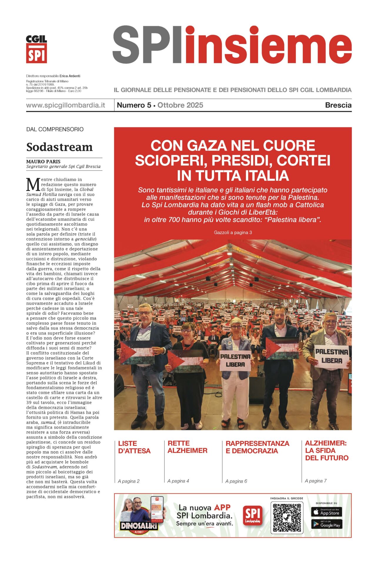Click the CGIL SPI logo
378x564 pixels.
point(36,49)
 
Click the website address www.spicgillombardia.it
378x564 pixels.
point(66,105)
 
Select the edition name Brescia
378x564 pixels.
point(338,105)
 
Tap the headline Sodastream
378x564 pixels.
point(59,147)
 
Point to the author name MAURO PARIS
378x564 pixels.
point(43,161)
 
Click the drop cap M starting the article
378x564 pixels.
point(33,185)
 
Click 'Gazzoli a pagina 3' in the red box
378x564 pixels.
point(233,232)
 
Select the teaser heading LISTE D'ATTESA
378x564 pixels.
point(134,447)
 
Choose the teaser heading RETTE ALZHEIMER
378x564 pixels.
point(187,447)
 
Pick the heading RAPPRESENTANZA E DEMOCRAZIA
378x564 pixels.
point(257,447)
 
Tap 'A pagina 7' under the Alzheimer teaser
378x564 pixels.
point(316,481)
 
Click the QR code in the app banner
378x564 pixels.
point(287,518)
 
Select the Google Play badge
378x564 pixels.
point(326,524)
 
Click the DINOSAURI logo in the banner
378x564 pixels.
point(139,526)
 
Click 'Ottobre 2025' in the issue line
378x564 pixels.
point(180,105)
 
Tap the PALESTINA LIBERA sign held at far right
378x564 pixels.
point(332,356)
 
